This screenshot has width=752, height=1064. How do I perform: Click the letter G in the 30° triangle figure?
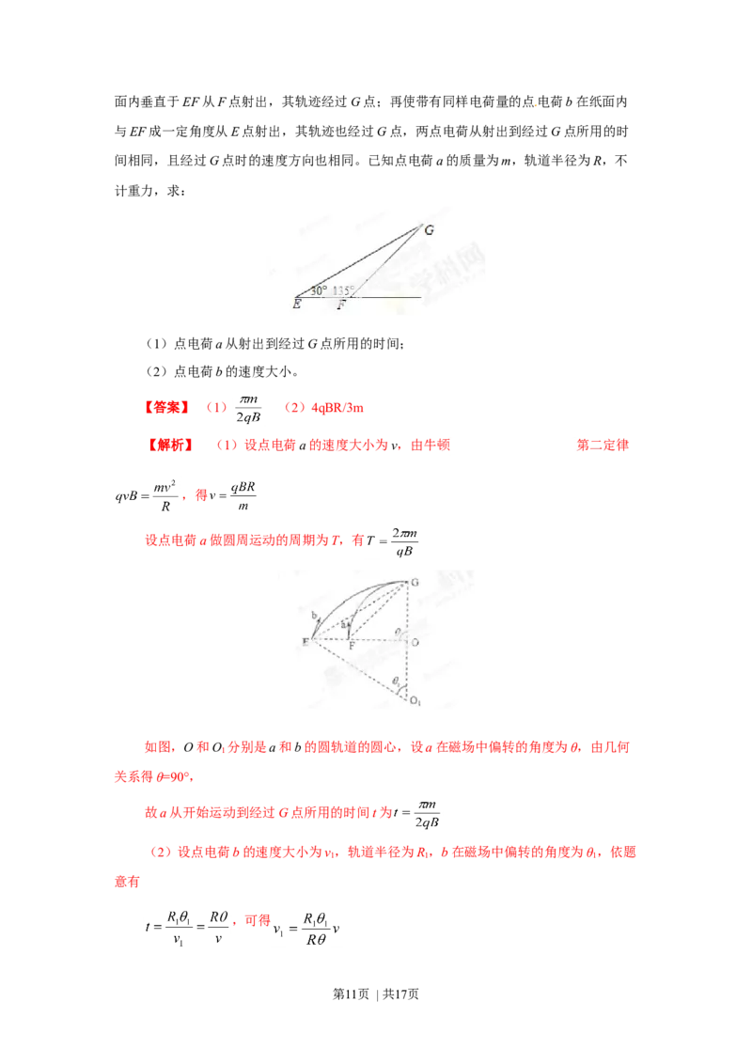pos(429,229)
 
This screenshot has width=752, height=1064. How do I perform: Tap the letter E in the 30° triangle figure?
pos(297,304)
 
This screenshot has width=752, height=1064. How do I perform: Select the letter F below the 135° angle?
pos(341,305)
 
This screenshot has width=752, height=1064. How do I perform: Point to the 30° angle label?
pos(319,290)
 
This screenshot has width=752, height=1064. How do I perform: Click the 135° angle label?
pos(342,290)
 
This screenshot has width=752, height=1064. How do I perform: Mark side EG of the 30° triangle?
pos(357,260)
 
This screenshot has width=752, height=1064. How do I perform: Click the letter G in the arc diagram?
pos(414,583)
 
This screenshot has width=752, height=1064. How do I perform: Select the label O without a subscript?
pos(415,643)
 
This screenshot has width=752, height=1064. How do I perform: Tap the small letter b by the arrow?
pos(314,615)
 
